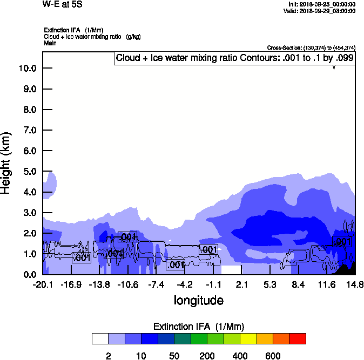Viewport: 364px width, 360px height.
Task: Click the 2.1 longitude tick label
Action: click(x=241, y=284)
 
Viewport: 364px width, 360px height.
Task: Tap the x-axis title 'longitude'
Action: click(x=198, y=300)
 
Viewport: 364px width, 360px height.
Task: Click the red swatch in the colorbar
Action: click(x=297, y=338)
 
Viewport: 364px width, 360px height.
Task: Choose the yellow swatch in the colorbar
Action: click(x=248, y=338)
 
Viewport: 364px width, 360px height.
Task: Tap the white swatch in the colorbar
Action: click(x=100, y=338)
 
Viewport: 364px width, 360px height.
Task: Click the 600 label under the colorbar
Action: click(x=273, y=356)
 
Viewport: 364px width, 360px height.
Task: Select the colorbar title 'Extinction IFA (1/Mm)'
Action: click(x=199, y=327)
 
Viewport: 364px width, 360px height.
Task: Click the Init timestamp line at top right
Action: click(x=322, y=4)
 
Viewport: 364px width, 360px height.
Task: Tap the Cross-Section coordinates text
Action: click(x=311, y=48)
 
